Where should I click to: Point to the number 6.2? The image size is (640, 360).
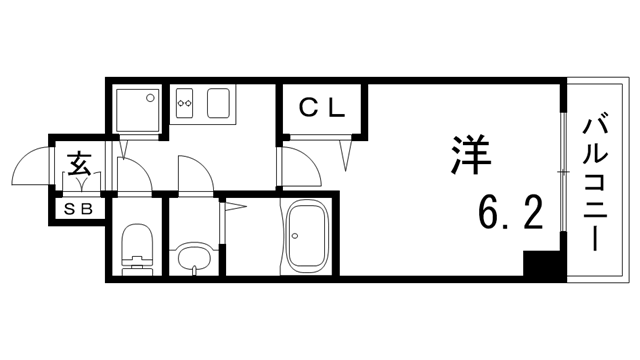[509, 210]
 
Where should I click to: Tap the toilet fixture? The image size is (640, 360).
[134, 245]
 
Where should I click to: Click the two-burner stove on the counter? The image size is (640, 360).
[184, 102]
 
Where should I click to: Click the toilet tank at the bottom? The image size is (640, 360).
[134, 266]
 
